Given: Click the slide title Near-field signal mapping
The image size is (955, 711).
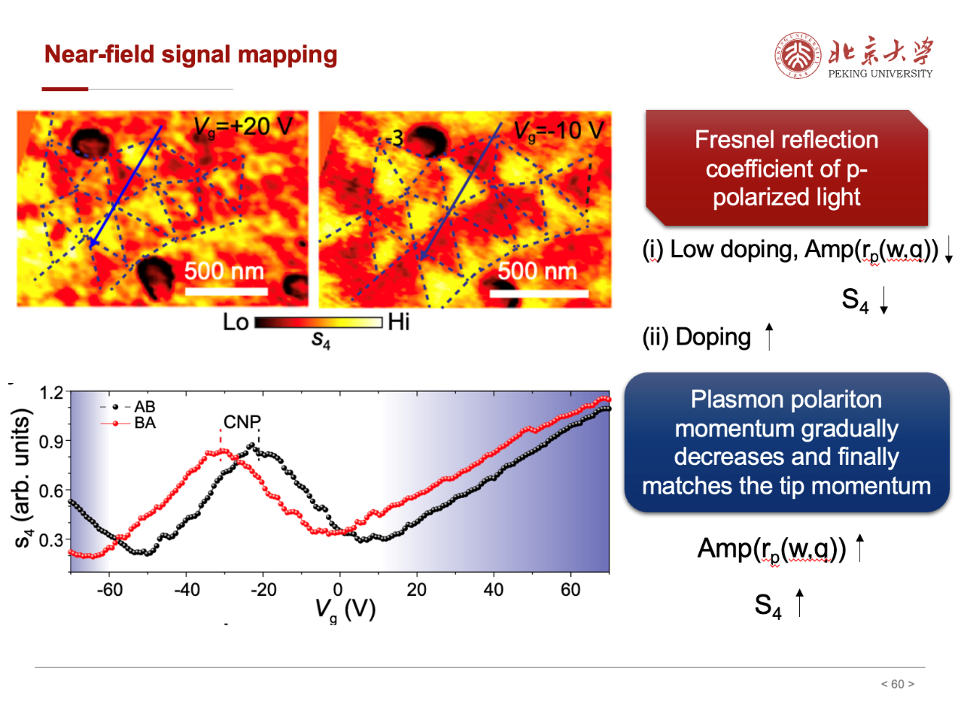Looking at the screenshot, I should [x=190, y=55].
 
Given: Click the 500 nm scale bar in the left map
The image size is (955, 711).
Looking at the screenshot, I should [x=226, y=290].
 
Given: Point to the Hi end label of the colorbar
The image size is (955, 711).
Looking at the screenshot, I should [x=398, y=324].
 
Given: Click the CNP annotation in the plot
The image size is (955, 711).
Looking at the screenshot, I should [x=241, y=423].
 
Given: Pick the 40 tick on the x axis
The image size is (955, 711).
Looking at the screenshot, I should [x=493, y=589].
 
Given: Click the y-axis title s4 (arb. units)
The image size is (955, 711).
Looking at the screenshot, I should [x=25, y=479].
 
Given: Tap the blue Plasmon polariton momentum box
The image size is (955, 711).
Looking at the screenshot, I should [x=786, y=444].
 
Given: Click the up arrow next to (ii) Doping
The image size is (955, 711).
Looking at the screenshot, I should [x=768, y=336].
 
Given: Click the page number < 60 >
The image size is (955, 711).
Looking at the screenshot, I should [x=897, y=684].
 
